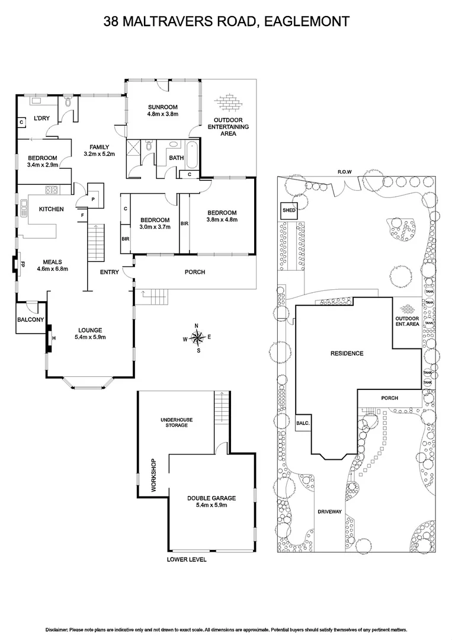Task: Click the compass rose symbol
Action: click(x=198, y=338)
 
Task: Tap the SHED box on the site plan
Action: click(x=288, y=210)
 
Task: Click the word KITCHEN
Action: click(x=52, y=209)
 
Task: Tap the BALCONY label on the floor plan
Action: click(x=30, y=320)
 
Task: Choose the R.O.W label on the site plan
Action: click(x=345, y=172)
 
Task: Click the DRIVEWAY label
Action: click(x=330, y=511)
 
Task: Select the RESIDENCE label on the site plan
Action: click(x=347, y=353)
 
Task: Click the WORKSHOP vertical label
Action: click(x=153, y=476)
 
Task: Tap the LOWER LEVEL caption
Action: click(x=187, y=559)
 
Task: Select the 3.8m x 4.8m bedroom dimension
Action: click(x=222, y=220)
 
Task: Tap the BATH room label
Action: click(x=176, y=158)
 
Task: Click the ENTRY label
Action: click(x=110, y=272)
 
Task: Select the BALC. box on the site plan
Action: click(x=303, y=424)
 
